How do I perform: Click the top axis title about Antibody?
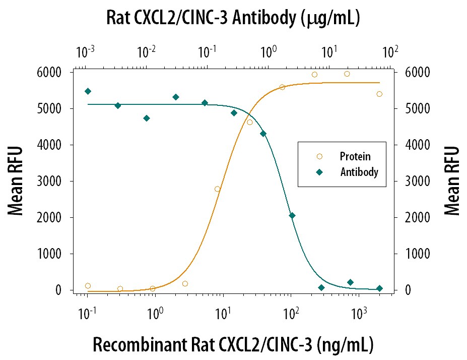pos(233,18)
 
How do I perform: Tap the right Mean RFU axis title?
pos(452,182)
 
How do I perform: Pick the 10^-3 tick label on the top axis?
pos(85,51)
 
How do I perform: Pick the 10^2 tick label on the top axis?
pos(390,51)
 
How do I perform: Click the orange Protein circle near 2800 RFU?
pos(218,189)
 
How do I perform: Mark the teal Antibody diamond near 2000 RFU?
pos(292,216)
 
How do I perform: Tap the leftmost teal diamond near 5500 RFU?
pos(88,91)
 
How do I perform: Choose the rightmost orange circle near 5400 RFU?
pos(379,94)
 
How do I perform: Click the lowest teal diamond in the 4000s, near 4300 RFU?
pos(263,134)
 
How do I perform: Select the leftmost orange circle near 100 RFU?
pos(88,286)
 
